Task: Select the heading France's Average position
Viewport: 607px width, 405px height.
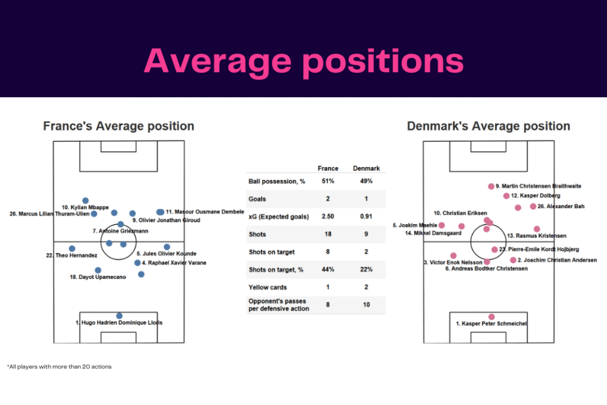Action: pyautogui.click(x=119, y=126)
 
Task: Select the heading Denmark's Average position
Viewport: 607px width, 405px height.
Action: pyautogui.click(x=488, y=126)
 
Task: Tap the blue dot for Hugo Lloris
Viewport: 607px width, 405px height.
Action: pyautogui.click(x=119, y=316)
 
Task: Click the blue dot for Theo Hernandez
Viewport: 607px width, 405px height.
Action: pyautogui.click(x=72, y=248)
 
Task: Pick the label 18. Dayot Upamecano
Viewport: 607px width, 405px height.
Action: pyautogui.click(x=98, y=277)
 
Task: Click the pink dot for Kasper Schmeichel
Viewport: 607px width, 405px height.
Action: pyautogui.click(x=491, y=317)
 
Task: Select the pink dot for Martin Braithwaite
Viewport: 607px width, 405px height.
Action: pyautogui.click(x=491, y=186)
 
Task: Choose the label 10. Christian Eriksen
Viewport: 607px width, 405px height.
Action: pyautogui.click(x=461, y=213)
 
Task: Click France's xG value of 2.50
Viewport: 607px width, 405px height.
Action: pyautogui.click(x=328, y=217)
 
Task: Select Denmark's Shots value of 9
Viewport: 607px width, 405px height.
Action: pyautogui.click(x=366, y=235)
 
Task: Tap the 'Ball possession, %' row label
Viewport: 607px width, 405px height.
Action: pyautogui.click(x=272, y=181)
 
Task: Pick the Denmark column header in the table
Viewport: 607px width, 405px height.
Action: pyautogui.click(x=366, y=168)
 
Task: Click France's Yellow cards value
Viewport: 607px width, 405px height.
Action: pyautogui.click(x=328, y=288)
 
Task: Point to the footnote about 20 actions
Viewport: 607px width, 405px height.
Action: pyautogui.click(x=59, y=366)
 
